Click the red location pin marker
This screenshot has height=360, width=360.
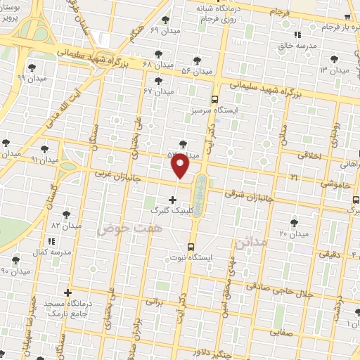[x=181, y=167]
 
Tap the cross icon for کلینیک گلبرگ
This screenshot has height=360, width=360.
[x=173, y=200]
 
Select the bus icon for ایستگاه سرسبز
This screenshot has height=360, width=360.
[x=214, y=99]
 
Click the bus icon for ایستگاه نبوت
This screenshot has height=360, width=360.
[x=191, y=247]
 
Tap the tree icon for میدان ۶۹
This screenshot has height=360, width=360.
[x=165, y=20]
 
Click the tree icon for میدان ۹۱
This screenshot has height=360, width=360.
[x=45, y=148]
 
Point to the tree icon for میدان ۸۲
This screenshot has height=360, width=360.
[x=66, y=214]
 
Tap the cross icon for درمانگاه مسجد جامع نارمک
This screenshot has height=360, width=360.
[x=67, y=292]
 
